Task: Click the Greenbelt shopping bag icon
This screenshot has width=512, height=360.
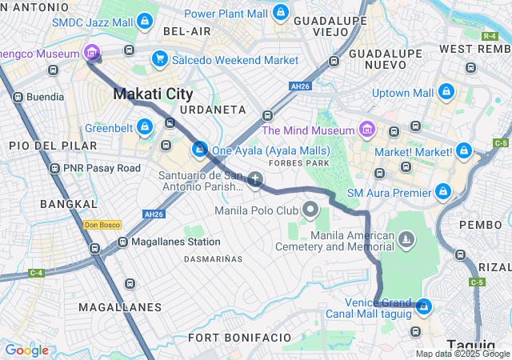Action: coord(145,126)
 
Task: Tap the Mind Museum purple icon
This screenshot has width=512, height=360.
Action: coord(367,130)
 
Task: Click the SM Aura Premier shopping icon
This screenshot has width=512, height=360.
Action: coord(442,192)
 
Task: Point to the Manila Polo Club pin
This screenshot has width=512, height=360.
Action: coord(310,210)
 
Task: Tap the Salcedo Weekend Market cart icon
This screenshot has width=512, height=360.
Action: coord(159,60)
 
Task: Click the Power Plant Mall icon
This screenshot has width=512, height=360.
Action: coord(280,14)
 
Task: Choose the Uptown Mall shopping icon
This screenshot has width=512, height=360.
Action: coord(446,94)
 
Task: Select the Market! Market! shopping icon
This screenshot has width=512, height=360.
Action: coord(464,150)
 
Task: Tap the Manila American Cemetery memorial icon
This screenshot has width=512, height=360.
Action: coord(407,239)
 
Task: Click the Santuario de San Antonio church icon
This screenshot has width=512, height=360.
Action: coord(255,179)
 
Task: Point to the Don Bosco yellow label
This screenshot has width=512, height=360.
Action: coord(102,225)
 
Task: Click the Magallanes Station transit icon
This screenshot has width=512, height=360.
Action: coord(122,241)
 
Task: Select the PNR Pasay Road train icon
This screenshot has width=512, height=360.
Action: coord(54,169)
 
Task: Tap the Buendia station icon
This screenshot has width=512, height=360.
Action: coord(18,97)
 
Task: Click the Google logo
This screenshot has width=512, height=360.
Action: coord(26,350)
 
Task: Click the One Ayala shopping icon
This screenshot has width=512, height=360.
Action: coord(199,150)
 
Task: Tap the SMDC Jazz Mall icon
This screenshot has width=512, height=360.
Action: coord(145,22)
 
